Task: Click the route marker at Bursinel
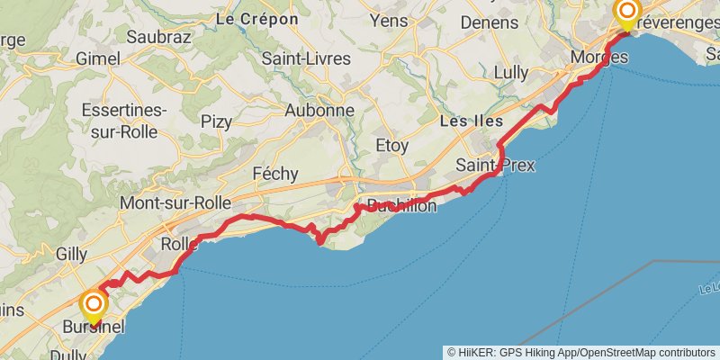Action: [x=93, y=303]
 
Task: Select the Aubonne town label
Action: [x=319, y=111]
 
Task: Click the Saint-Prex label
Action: [x=495, y=166]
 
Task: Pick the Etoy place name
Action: [x=391, y=145]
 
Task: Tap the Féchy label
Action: [x=275, y=172]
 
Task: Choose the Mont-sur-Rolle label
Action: [x=175, y=202]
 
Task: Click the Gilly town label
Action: [x=71, y=254]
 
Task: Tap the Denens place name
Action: [x=489, y=22]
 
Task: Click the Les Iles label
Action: [x=471, y=121]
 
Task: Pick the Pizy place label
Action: [x=216, y=121]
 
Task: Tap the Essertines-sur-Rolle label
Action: [x=124, y=121]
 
